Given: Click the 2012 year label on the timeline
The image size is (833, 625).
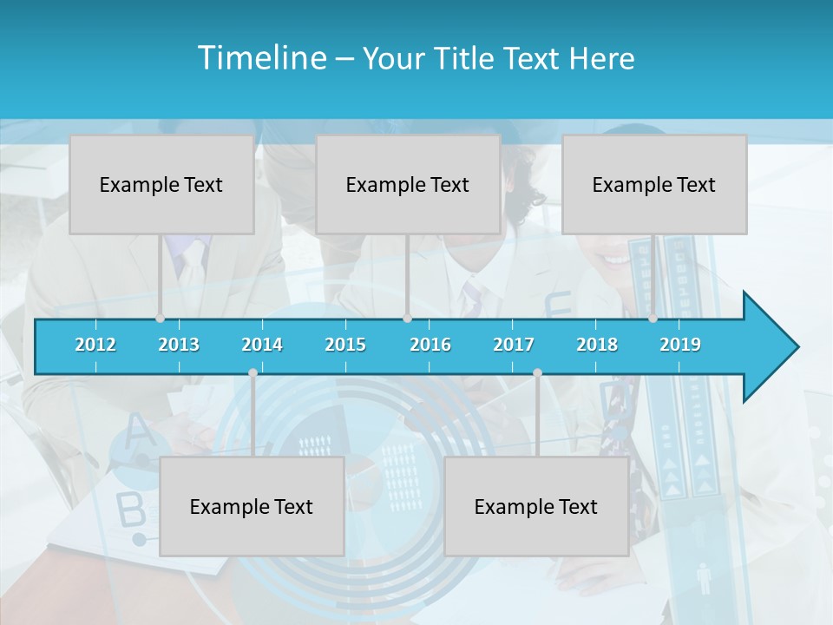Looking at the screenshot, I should point(95,345).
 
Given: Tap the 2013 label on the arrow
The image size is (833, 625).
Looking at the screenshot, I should point(179,345).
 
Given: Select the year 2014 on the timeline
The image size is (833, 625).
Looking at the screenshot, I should point(262,345).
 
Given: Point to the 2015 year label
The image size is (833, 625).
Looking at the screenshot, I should point(345,345).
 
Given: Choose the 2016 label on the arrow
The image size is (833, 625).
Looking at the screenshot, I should point(430,345).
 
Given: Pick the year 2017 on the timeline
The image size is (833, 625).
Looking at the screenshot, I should point(514,345).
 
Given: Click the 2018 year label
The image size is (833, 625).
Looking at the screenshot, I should point(597,345).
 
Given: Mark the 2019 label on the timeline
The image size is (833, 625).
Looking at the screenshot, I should point(680,345).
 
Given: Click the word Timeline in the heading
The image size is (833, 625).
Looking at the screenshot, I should point(260,58).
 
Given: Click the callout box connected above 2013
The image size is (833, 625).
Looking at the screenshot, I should point(161,184).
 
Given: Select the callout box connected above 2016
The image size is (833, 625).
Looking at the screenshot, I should point(408,184).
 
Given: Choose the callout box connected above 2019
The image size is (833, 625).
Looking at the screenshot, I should point(654,184).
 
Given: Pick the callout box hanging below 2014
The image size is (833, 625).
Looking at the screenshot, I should point(252,506).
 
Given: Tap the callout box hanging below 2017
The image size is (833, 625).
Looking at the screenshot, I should point(536,506).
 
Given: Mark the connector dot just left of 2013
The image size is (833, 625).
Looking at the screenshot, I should point(160,319).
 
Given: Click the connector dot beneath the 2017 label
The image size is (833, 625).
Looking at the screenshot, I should point(537,372).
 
